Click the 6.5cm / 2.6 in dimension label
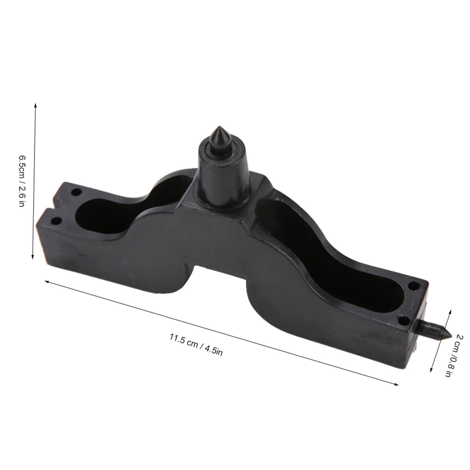click(x=21, y=181)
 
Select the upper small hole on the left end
click(x=76, y=193)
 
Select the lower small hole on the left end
click(x=57, y=220)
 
